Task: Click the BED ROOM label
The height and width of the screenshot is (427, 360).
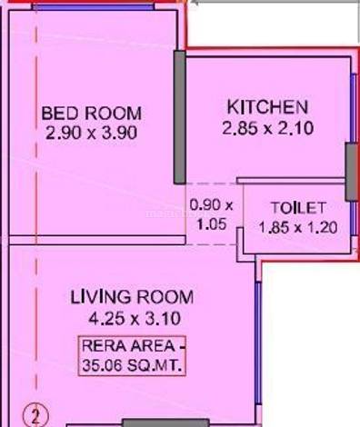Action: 92,114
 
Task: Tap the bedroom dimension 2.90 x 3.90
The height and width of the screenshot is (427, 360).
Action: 91,133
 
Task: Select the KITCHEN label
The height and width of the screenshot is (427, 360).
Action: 267,107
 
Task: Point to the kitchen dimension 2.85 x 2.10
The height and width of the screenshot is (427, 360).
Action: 268,128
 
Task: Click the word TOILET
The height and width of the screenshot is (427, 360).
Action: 298,208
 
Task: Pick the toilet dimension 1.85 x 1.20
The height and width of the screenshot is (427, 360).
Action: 298,227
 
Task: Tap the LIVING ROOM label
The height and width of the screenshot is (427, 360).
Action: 132,297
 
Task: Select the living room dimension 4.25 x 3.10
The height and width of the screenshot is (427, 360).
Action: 135,319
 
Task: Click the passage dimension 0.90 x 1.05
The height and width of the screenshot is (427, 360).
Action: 212,215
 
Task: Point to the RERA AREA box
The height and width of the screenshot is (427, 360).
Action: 132,356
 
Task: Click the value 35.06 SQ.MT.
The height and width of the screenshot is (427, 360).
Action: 132,365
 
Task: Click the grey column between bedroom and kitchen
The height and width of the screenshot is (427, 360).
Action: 180,117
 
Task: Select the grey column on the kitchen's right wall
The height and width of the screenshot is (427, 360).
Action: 352,172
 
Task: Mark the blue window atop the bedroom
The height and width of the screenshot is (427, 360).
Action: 94,7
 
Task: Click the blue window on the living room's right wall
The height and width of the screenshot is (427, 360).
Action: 258,343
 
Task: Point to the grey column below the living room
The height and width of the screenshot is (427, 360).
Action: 165,423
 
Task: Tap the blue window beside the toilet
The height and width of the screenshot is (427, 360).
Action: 354,218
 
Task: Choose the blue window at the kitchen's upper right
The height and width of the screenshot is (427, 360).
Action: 354,108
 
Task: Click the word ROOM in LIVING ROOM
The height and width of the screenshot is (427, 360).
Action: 165,297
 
